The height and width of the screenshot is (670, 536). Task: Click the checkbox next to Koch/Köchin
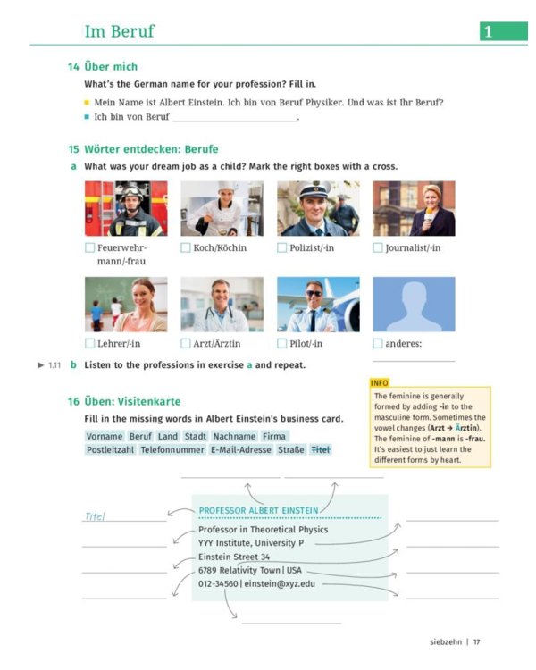pos(186,247)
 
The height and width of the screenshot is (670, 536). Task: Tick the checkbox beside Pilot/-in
pos(282,343)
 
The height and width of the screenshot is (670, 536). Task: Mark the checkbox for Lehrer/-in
pos(89,343)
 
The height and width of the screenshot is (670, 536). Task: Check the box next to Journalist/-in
pos(378,247)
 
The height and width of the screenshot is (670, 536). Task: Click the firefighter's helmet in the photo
pos(130,190)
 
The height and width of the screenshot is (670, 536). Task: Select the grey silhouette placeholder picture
pos(414,304)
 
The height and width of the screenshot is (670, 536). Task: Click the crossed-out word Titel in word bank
pos(320,450)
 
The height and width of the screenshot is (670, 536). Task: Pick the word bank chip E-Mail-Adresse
pos(241,450)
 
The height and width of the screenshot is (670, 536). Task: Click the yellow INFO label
pos(380,382)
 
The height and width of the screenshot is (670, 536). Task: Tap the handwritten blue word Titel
pos(95,516)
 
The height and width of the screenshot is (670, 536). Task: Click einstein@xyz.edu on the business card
pos(279,583)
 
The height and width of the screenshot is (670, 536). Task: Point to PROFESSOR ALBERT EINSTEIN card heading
pos(258,511)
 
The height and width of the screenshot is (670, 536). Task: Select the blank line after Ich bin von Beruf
pos(234,117)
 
